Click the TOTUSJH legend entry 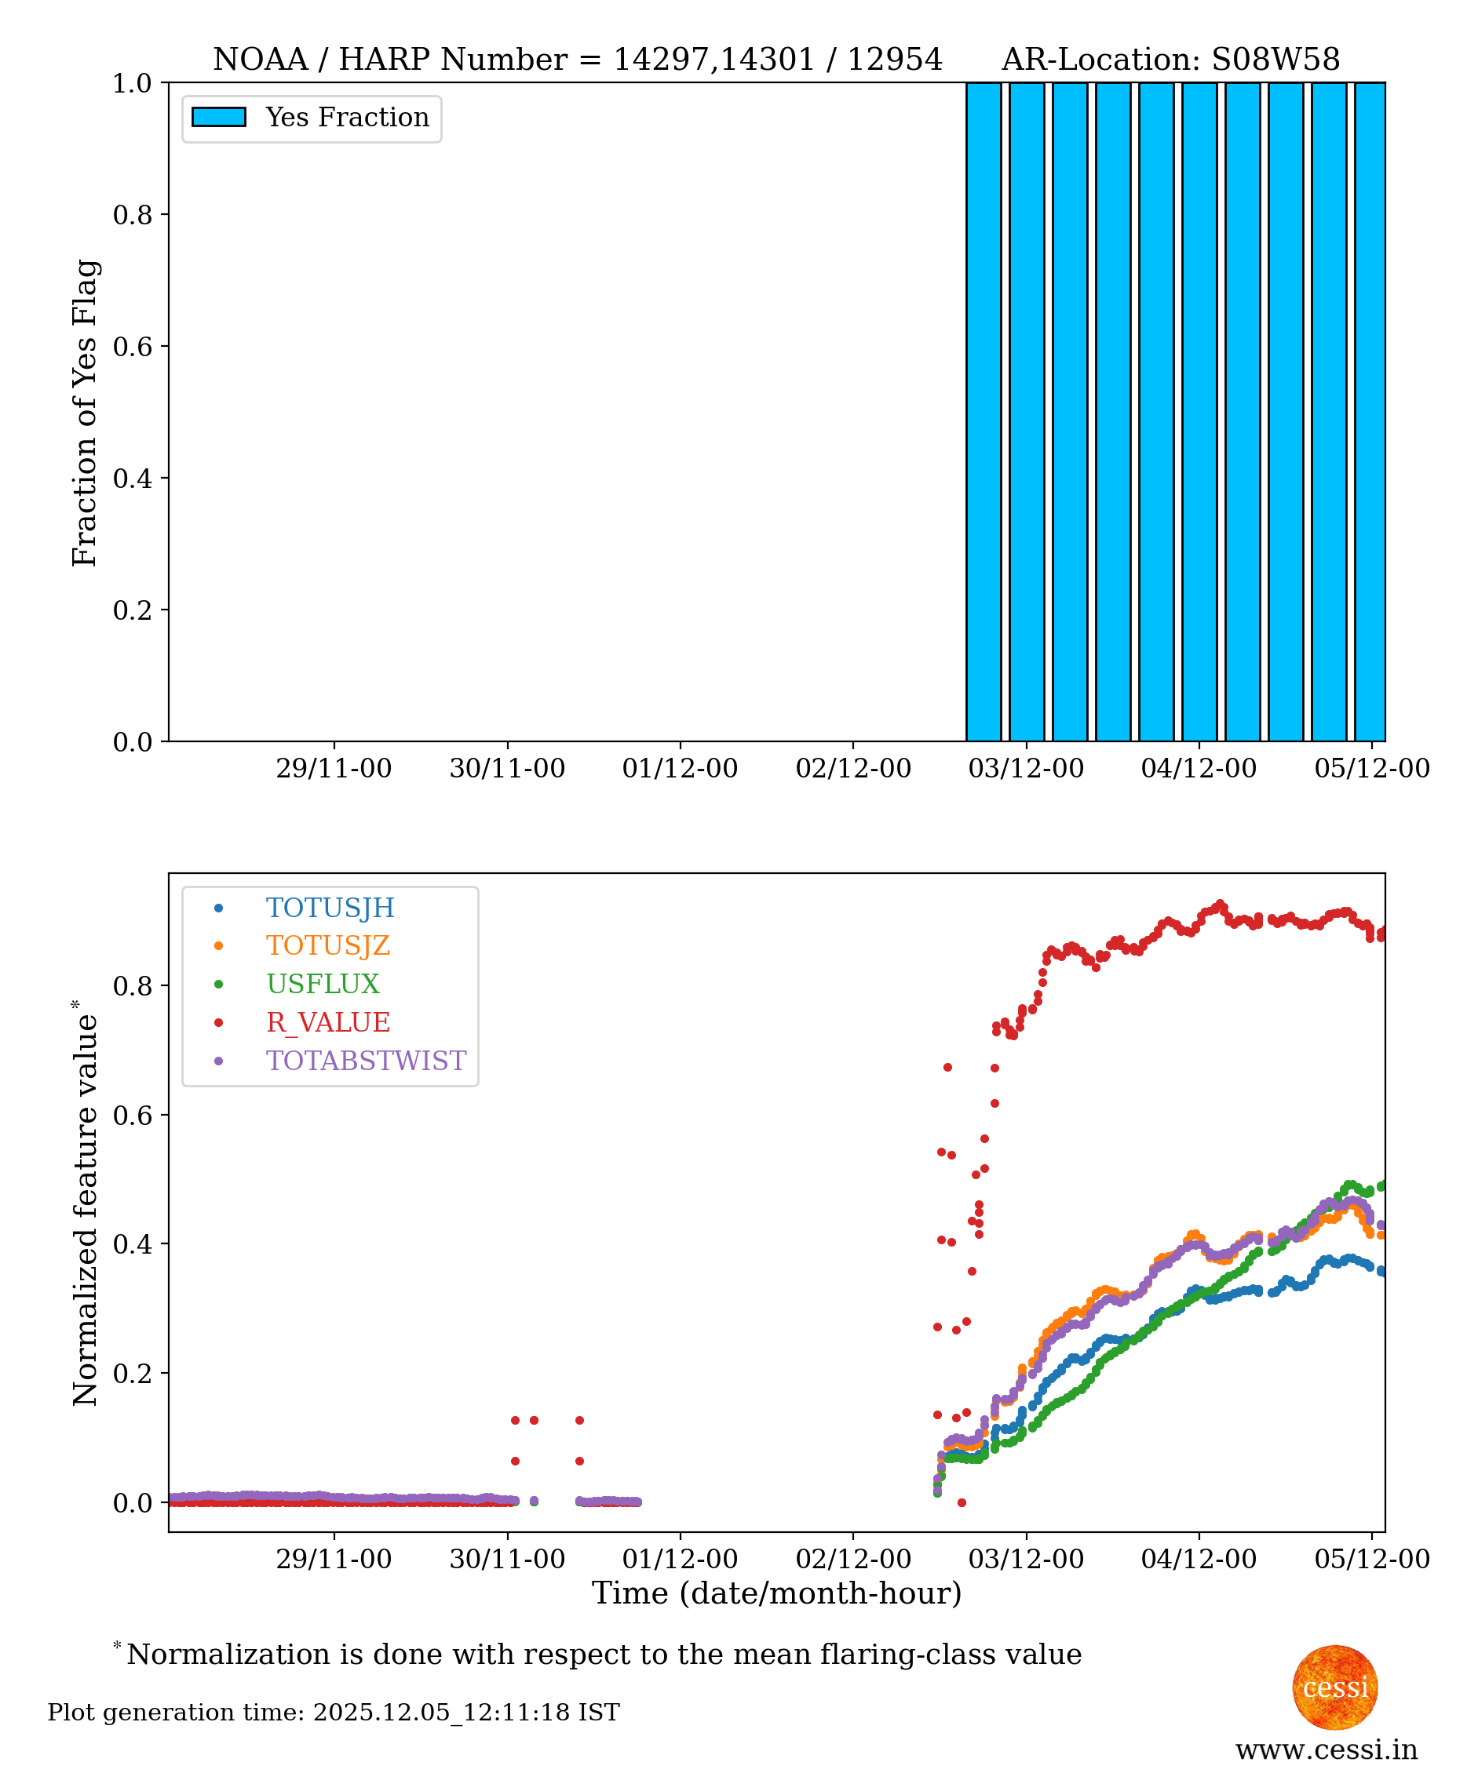(330, 908)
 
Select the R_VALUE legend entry (327, 1022)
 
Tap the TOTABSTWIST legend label (366, 1061)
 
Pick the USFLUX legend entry (323, 984)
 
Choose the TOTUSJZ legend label (327, 945)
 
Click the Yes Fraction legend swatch (219, 118)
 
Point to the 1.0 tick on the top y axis (132, 84)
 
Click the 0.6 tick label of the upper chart (132, 347)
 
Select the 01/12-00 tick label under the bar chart (680, 768)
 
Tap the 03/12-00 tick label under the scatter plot (1025, 1559)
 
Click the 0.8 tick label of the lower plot (132, 986)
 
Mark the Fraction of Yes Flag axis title (86, 413)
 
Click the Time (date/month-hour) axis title (776, 1593)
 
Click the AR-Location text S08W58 (1275, 60)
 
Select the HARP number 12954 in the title (894, 60)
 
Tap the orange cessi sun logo (1334, 1687)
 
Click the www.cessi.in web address (1326, 1749)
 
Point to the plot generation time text (334, 1713)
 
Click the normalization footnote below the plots (603, 1654)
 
